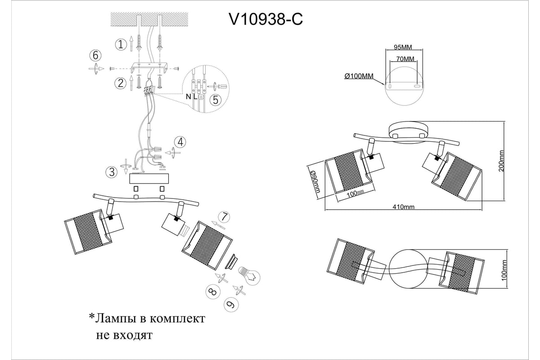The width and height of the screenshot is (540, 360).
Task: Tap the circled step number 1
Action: [x=120, y=44]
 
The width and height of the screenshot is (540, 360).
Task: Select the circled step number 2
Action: [x=120, y=83]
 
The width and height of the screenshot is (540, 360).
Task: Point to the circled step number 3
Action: [x=111, y=171]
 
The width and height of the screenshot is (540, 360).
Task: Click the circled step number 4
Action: [x=180, y=143]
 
